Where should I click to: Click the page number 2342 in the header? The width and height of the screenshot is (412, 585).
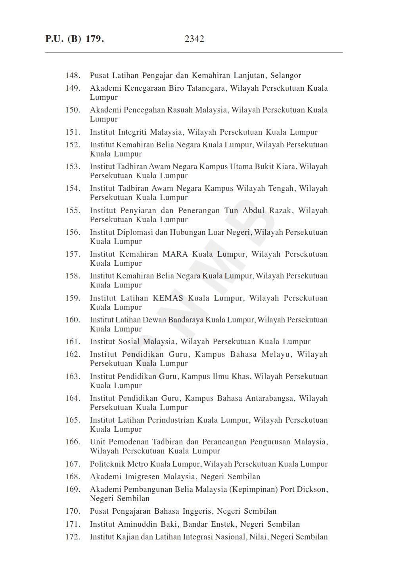pos(194,39)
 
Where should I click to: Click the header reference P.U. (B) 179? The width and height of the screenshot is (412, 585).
pos(75,39)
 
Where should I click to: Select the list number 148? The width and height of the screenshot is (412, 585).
pos(73,75)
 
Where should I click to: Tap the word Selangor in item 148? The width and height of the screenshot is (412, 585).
pos(286,75)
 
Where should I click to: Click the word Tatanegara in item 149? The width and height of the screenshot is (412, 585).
pos(206,88)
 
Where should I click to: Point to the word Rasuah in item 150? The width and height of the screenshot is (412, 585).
pos(180,110)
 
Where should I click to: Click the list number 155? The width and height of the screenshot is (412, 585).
pos(73,210)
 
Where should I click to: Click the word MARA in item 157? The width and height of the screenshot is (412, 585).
pos(175,254)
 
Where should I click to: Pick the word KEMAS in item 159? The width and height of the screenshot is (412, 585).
pos(168,298)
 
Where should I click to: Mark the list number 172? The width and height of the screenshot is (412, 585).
pos(73,537)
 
